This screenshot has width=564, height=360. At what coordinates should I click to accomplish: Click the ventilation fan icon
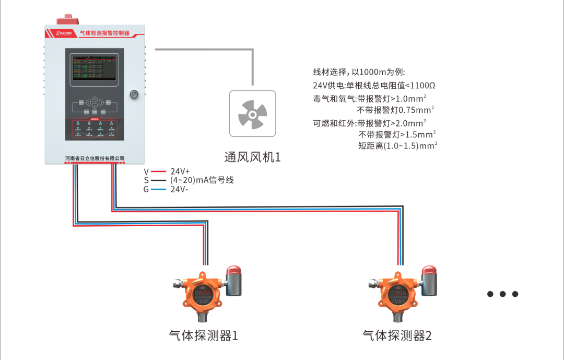click(252, 114)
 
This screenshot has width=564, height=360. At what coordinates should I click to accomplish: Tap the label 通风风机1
click(252, 157)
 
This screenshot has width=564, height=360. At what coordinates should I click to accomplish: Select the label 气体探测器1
click(204, 335)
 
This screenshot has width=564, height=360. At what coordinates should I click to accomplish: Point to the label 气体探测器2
click(397, 335)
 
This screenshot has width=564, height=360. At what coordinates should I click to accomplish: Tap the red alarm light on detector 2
click(429, 271)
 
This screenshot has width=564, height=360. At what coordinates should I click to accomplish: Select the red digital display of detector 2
click(397, 294)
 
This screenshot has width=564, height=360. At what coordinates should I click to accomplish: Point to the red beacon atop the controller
click(67, 21)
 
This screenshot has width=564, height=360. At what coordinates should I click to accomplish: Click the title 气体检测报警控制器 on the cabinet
click(104, 32)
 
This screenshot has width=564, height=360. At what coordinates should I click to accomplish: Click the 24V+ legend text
click(180, 171)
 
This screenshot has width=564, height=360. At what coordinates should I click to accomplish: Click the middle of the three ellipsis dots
click(502, 294)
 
